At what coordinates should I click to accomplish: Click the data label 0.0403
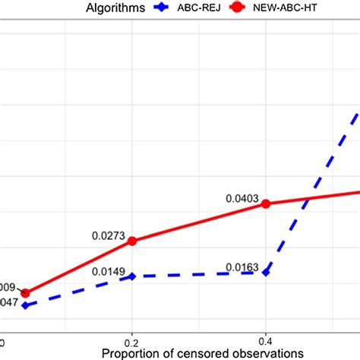coord(242,197)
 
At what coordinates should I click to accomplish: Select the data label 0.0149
coord(109,271)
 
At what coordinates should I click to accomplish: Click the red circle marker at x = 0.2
coord(133,241)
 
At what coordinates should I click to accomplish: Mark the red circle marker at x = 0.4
coord(266,204)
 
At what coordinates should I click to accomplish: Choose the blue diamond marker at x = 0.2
coord(133,276)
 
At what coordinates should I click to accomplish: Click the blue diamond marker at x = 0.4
coord(266,272)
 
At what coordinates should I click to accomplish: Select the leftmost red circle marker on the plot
coord(26,293)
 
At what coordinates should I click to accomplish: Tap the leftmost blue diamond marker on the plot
coord(26,305)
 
